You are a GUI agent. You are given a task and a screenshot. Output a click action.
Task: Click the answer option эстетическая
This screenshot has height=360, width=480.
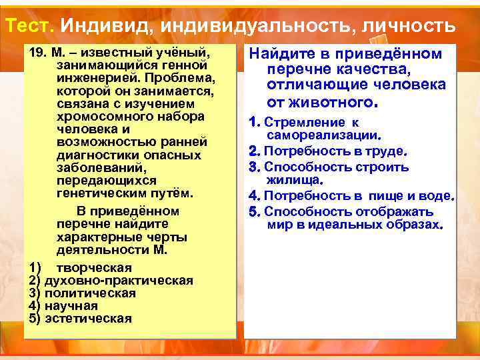click(x=87, y=318)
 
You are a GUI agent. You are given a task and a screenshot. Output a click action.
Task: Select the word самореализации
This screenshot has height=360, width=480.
click(x=322, y=135)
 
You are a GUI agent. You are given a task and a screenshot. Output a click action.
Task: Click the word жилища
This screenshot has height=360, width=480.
click(x=293, y=180)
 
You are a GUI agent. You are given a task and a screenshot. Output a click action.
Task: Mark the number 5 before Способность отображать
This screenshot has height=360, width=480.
click(x=253, y=212)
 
